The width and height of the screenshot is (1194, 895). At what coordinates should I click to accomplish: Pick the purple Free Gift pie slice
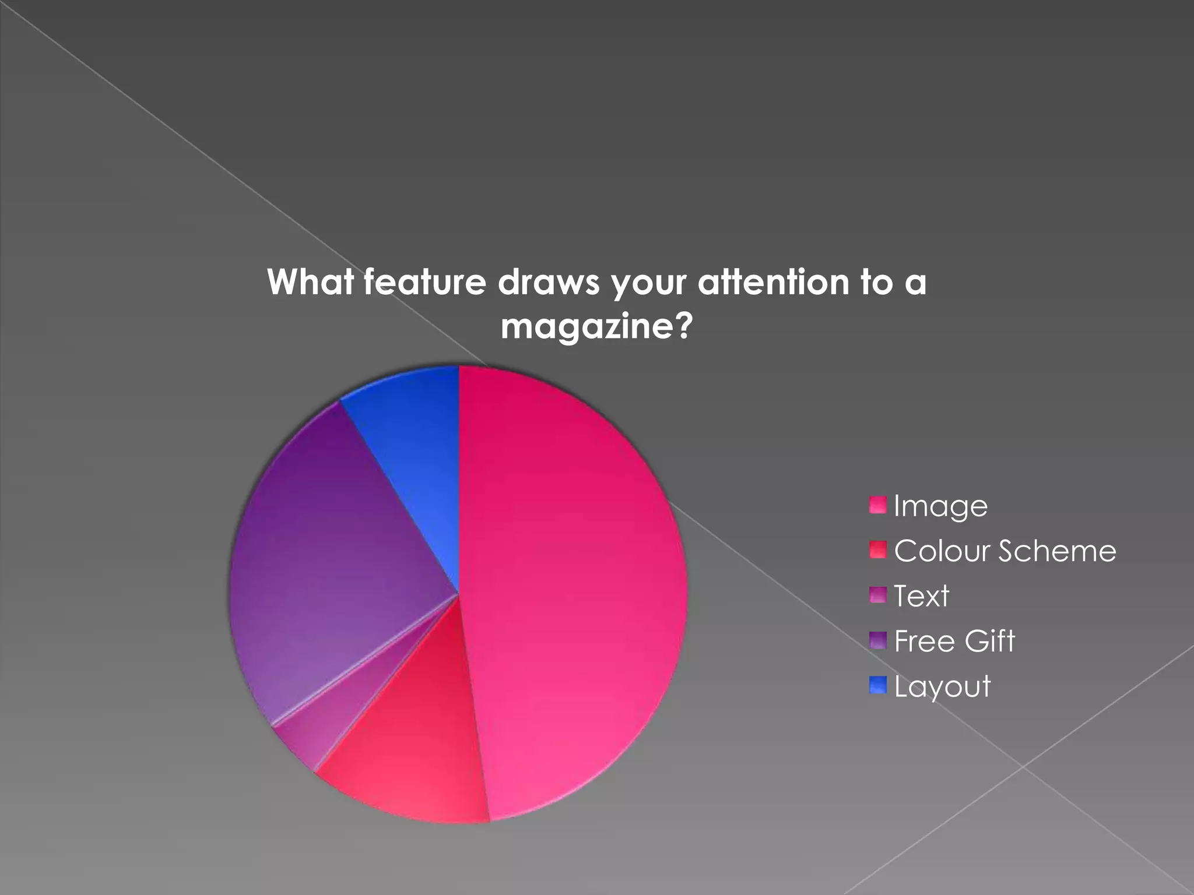point(326,554)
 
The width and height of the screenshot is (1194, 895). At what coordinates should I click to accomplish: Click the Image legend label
point(940,506)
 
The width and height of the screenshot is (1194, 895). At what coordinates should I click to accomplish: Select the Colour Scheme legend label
point(1005,551)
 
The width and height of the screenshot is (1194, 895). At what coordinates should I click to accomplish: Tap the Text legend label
point(921,596)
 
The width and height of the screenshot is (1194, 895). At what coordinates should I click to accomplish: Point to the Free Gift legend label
point(954,641)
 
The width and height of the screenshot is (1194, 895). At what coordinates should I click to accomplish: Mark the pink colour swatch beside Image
point(877,505)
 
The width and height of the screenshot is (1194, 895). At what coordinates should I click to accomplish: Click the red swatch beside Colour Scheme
point(877,550)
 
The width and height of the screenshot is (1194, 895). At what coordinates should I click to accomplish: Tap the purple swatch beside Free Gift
point(877,640)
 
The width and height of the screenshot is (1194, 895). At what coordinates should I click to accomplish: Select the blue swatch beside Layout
point(877,685)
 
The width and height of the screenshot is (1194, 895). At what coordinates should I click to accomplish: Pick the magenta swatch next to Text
point(877,595)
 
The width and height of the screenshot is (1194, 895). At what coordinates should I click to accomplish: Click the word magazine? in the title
point(596,326)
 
